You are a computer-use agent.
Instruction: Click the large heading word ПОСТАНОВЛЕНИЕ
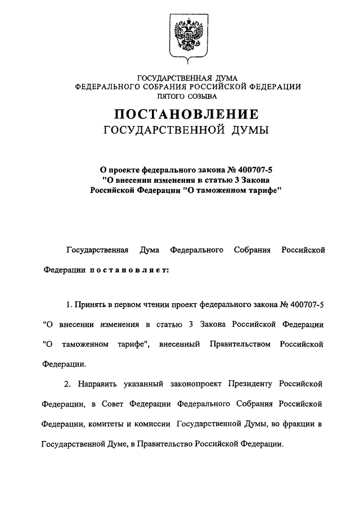coord(186,115)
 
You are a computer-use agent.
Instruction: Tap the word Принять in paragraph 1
coord(91,304)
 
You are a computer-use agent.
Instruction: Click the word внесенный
coord(179,343)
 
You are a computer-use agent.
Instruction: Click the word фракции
coord(300,423)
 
